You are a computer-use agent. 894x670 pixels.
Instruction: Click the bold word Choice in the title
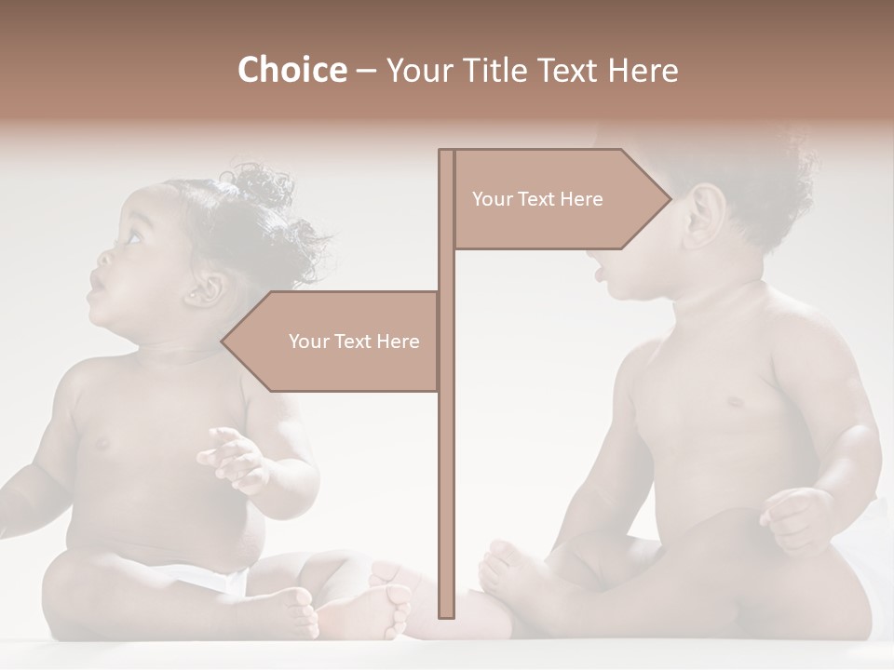point(291,70)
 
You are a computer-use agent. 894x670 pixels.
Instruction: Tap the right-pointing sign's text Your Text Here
point(537,199)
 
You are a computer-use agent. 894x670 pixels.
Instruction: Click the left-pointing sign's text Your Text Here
point(354,342)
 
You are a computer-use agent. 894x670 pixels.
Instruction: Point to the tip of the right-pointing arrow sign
point(670,198)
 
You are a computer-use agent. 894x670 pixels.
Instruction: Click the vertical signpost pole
point(446,465)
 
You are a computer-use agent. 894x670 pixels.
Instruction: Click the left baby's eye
point(132,234)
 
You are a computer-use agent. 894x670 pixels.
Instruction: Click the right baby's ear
point(706,216)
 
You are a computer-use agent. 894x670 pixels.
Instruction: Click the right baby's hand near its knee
point(796,516)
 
